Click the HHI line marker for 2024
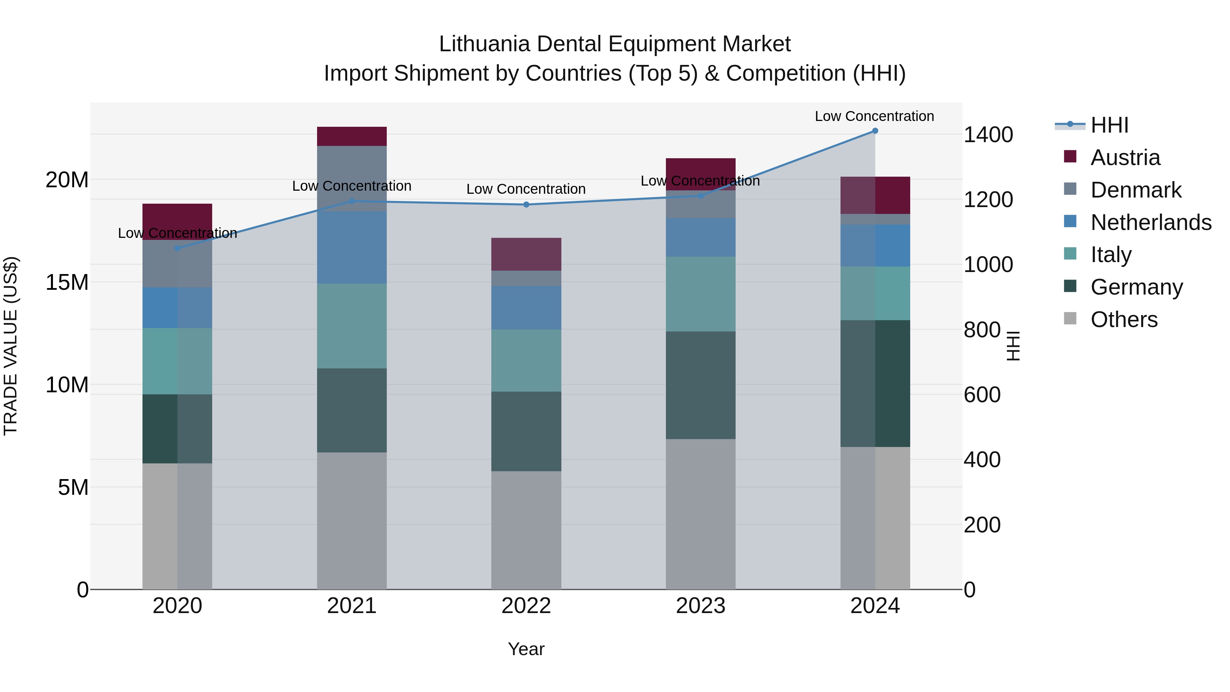click(875, 131)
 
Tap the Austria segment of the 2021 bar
click(352, 137)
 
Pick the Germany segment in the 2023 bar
click(700, 385)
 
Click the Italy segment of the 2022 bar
click(526, 361)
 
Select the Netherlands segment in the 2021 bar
click(352, 248)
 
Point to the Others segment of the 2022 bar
click(526, 530)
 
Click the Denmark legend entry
click(1135, 190)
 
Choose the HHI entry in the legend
click(1109, 125)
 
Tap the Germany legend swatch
click(1070, 287)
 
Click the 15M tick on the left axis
click(67, 282)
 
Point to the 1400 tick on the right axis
click(988, 135)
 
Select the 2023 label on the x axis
click(700, 606)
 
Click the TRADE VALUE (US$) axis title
click(11, 346)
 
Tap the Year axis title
click(526, 649)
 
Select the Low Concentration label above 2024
click(874, 117)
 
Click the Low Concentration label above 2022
click(526, 189)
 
